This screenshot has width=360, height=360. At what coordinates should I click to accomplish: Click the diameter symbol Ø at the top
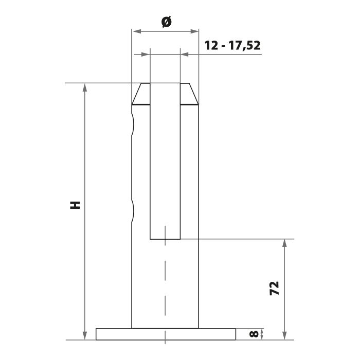[x=165, y=22]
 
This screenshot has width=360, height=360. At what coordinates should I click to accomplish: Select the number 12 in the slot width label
[x=211, y=45]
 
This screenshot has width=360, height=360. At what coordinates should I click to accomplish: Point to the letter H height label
[x=75, y=205]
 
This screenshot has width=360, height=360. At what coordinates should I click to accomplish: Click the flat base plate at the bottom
[x=165, y=334]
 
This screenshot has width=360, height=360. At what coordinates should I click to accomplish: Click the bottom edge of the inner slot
[x=165, y=239]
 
